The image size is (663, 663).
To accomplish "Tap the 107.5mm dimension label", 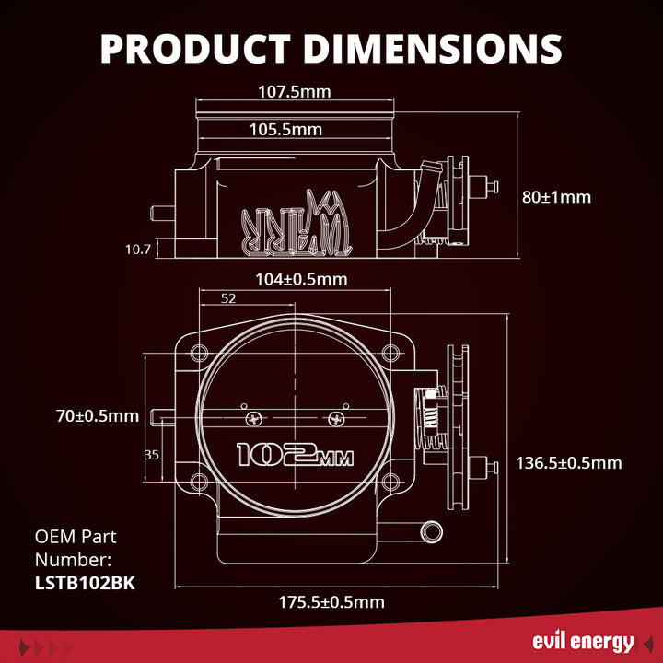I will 294,91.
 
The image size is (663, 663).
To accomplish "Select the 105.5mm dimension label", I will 285,130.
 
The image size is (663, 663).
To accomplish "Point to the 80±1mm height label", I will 556,197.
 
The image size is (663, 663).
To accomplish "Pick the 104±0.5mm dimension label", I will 302,279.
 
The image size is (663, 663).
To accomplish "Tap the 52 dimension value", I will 228,298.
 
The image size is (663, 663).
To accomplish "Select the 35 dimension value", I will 152,454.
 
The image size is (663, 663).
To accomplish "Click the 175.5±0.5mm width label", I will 331,602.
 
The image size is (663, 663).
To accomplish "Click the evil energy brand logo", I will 583,642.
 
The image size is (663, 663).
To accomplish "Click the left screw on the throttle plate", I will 251,420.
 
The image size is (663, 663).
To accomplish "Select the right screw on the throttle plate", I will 337,420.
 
